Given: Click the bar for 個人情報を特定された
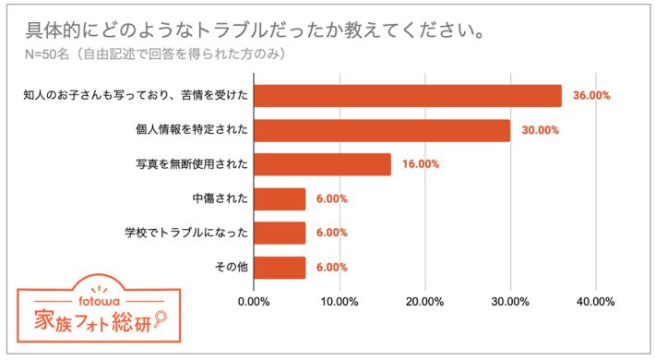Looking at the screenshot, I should [381, 130].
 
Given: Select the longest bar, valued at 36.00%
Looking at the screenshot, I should [407, 96].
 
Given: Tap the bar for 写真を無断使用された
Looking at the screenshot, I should [322, 164].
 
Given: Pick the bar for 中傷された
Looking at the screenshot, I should [279, 198].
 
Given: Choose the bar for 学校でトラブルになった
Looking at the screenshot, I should [279, 233].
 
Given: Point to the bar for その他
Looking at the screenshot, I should [279, 267].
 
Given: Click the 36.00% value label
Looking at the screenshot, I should [591, 96].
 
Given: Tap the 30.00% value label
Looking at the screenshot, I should [540, 130].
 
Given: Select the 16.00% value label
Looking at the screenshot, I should [420, 164].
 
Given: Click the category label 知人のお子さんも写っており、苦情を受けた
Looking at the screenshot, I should [136, 96].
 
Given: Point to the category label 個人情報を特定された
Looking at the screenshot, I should [191, 130].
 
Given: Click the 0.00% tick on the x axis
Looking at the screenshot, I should [254, 301].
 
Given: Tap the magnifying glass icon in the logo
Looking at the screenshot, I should [160, 319].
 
